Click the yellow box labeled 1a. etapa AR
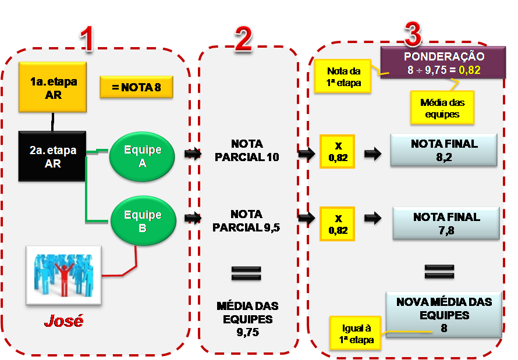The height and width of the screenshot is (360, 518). [x=53, y=87]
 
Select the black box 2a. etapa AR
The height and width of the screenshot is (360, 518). [x=53, y=156]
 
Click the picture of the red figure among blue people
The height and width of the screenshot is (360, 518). [x=63, y=275]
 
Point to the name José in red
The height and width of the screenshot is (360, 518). [x=63, y=321]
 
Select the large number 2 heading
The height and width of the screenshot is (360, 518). [x=243, y=40]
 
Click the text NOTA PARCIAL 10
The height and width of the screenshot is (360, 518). [x=247, y=150]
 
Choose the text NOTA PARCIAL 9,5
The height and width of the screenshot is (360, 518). [x=246, y=221]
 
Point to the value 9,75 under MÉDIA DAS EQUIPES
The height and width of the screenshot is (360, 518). [x=247, y=332]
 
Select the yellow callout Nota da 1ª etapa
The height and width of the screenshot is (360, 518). [x=343, y=77]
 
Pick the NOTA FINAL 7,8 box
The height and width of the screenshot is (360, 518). [x=446, y=223]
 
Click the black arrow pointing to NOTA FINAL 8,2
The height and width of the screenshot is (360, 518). [x=372, y=155]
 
